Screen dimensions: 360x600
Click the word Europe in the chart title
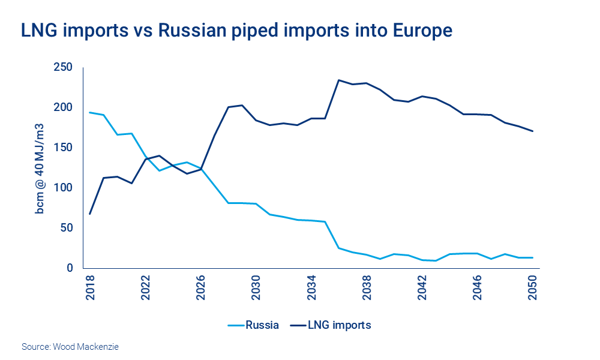coord(418,31)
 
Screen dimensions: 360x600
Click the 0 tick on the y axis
coord(69,268)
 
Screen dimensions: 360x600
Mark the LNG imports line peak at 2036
coord(339,80)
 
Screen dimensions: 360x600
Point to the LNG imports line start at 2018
coord(90,214)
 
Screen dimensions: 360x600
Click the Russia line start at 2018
coord(90,112)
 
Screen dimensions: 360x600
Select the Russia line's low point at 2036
coord(339,248)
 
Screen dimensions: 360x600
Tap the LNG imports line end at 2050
coord(533,131)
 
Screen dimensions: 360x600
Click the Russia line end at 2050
coord(533,257)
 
